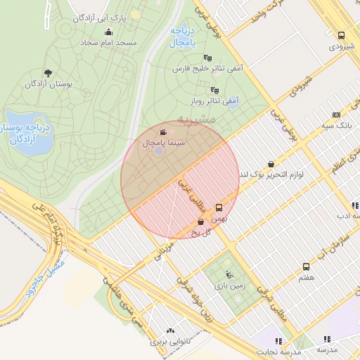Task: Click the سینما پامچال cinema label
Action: click(x=164, y=142)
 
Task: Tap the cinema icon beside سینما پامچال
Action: click(x=164, y=132)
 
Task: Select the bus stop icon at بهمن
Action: click(x=219, y=207)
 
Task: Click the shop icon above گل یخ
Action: click(x=202, y=221)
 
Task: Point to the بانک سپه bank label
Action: click(x=335, y=125)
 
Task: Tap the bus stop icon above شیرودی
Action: click(x=342, y=36)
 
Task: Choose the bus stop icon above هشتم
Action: click(x=306, y=266)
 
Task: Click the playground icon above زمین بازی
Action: click(x=228, y=274)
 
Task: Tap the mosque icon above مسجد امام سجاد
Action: click(x=109, y=32)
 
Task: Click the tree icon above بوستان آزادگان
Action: click(x=48, y=73)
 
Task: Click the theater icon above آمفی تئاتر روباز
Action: click(x=214, y=91)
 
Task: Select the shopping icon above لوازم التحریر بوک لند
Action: click(x=271, y=164)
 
